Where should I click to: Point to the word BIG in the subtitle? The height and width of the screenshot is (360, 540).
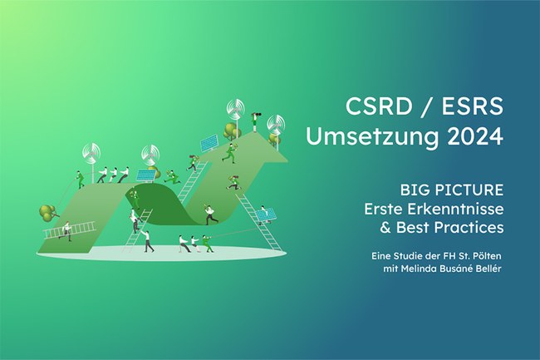pyautogui.click(x=415, y=190)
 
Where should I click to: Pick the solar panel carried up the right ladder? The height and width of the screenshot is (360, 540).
pyautogui.click(x=266, y=215)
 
